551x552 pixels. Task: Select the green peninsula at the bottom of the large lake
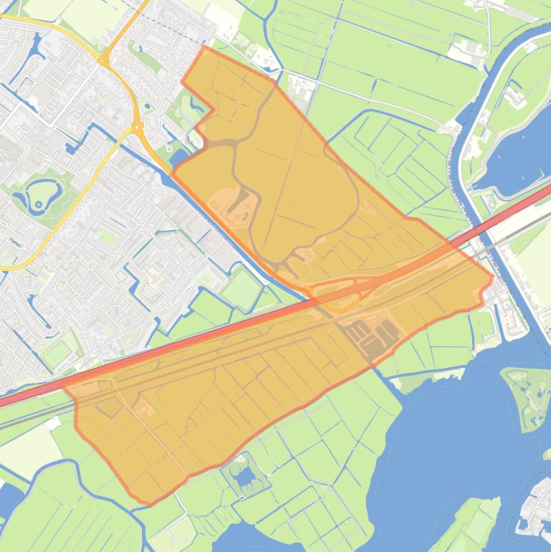click(x=469, y=523)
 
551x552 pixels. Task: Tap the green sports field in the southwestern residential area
click(x=57, y=353)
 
